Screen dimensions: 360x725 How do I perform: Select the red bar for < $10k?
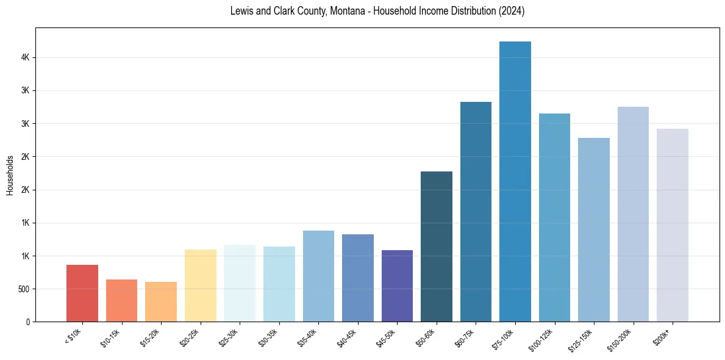point(82,293)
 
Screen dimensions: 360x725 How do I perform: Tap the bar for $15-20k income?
point(161,301)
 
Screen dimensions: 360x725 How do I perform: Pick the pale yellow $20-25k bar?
point(200,285)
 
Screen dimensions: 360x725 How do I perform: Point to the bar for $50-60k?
point(437,247)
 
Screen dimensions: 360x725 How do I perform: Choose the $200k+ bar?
point(672,225)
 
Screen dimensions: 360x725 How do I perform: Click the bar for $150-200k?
point(633,214)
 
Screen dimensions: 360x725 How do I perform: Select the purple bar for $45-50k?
point(397,286)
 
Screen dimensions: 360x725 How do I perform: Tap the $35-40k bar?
point(318,276)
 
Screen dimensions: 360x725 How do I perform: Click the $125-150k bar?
point(593,229)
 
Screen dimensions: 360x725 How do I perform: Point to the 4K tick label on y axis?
point(24,57)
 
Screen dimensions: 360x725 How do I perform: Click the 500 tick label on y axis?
point(23,289)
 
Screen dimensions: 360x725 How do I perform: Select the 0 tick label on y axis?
point(27,322)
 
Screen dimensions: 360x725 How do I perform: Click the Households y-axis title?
point(10,175)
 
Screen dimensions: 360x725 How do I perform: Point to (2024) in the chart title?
point(510,11)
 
